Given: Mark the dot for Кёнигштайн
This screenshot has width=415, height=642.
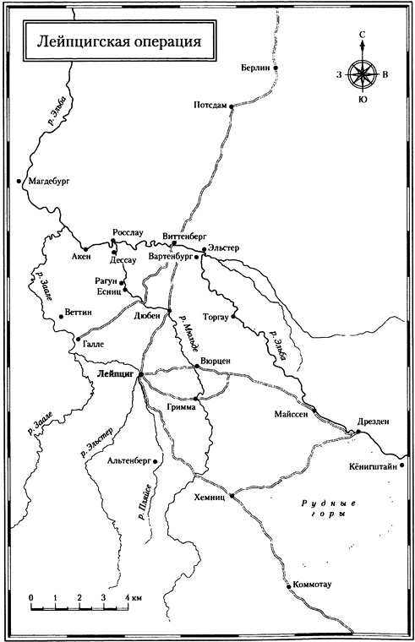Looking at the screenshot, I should pyautogui.click(x=402, y=464).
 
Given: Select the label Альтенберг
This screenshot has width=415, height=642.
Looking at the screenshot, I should pyautogui.click(x=132, y=460).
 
